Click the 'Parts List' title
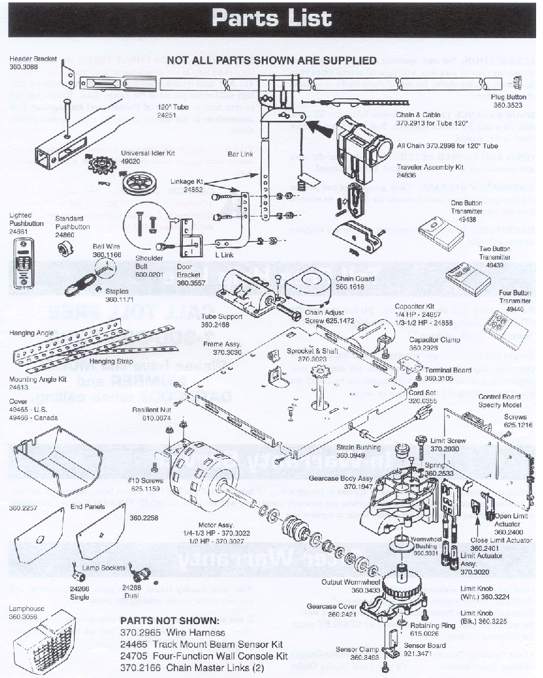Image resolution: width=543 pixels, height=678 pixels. [x=271, y=18]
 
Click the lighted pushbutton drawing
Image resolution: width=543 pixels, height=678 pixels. [x=24, y=258]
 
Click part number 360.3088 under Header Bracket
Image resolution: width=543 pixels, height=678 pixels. [x=24, y=66]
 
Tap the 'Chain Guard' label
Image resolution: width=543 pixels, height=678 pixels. [x=354, y=279]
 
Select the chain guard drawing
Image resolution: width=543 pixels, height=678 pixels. [x=308, y=289]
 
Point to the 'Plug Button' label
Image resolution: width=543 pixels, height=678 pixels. [x=508, y=97]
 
